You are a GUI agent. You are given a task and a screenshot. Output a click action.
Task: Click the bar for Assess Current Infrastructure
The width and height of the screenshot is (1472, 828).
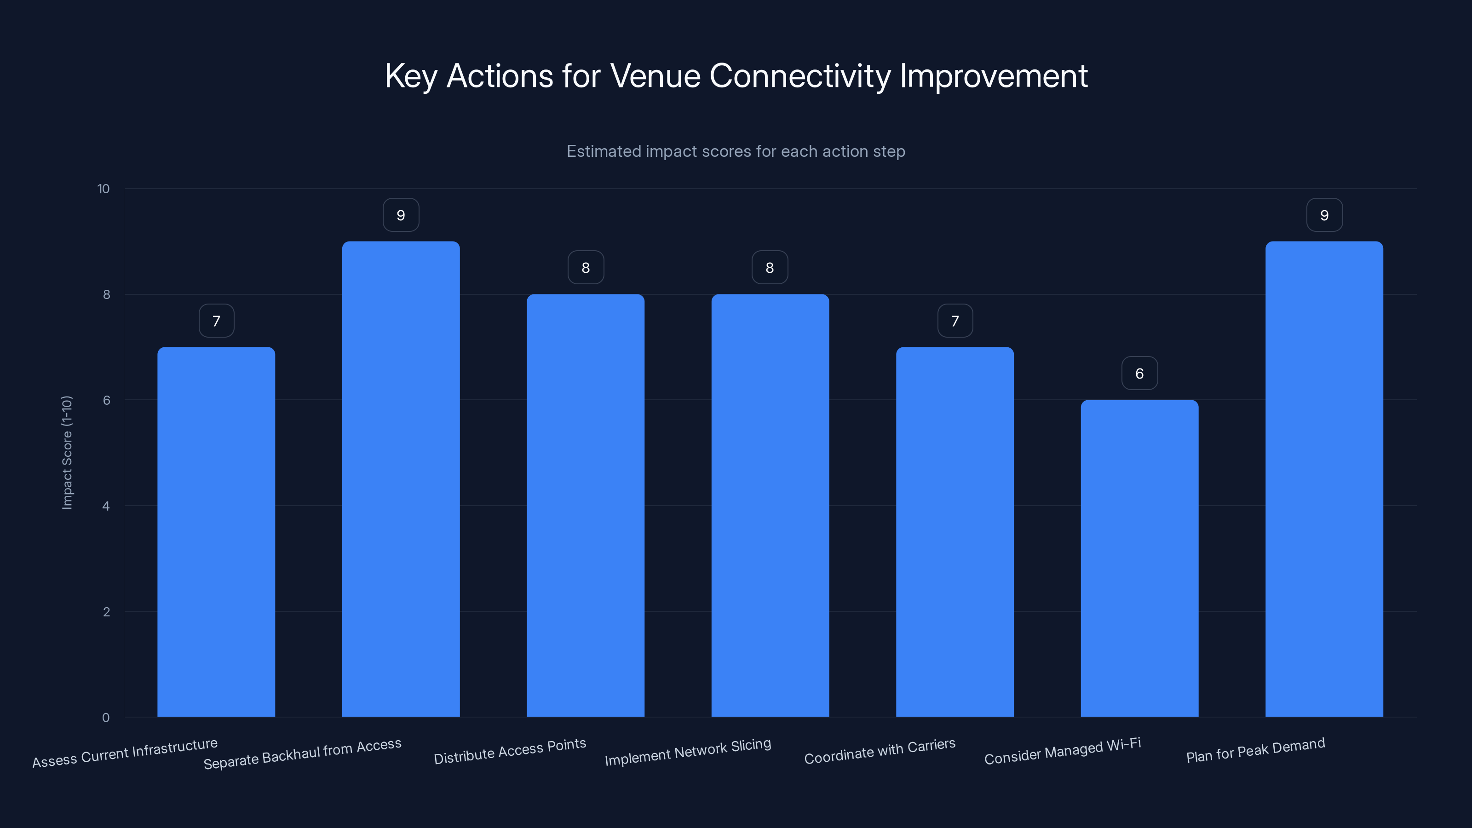(216, 531)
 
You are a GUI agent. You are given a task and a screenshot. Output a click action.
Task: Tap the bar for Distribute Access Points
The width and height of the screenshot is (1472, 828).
(585, 505)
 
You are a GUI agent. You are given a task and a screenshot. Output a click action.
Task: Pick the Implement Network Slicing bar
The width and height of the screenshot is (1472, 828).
(770, 505)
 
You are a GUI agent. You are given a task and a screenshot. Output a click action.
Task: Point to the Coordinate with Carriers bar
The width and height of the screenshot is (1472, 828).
(954, 531)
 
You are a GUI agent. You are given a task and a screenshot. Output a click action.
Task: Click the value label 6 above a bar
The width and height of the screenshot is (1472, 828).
(1139, 374)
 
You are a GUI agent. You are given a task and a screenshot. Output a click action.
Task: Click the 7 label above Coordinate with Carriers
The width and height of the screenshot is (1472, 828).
(955, 321)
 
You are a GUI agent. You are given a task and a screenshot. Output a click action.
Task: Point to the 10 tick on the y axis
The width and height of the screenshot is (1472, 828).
(103, 189)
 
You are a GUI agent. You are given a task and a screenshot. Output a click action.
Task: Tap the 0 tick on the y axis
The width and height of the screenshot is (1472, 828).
(106, 718)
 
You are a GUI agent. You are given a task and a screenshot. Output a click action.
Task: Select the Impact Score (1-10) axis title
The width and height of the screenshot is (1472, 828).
(67, 452)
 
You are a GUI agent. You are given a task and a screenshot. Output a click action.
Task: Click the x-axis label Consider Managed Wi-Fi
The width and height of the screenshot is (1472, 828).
(1062, 751)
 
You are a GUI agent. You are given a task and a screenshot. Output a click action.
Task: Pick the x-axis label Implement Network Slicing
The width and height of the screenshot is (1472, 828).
(688, 752)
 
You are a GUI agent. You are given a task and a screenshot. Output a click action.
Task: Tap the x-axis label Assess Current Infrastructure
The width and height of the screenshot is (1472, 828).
(125, 753)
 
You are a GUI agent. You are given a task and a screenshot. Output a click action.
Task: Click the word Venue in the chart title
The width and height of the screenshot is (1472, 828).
(655, 76)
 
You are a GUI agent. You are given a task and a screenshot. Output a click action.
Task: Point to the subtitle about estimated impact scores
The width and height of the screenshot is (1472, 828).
(736, 151)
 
